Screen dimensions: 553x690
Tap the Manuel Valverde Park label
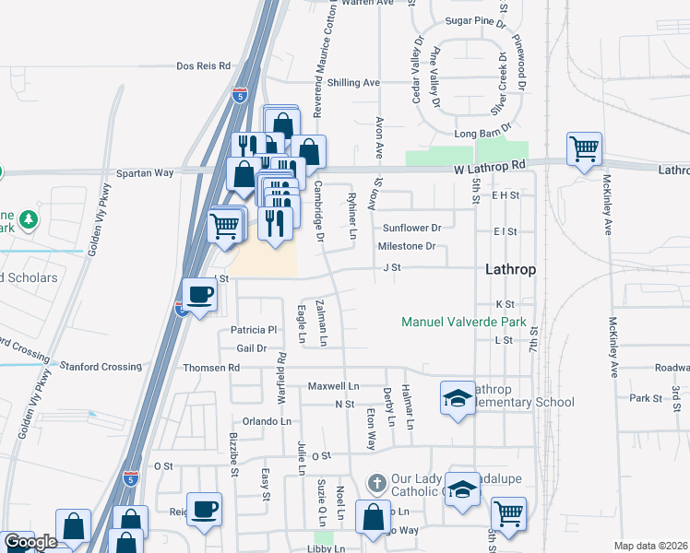pos(464,323)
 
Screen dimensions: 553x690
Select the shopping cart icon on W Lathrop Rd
pos(584,148)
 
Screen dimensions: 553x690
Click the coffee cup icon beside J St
pos(201,295)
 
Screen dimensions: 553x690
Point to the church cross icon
pos(376,483)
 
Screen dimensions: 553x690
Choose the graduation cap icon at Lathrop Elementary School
pos(457,398)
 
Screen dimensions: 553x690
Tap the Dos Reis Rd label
pos(204,66)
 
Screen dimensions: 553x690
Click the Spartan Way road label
pos(145,172)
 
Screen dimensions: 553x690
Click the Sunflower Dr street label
pos(413,228)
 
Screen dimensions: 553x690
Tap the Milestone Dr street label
pos(406,246)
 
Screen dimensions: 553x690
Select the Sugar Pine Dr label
pos(476,20)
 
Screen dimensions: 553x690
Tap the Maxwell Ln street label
pos(333,385)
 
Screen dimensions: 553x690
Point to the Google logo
pos(30,542)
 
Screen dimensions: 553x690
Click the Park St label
pos(645,398)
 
